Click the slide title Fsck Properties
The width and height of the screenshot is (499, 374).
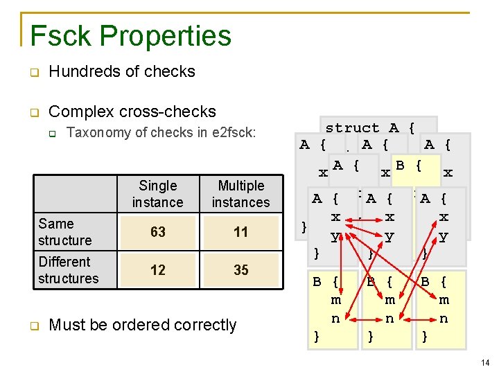(130, 36)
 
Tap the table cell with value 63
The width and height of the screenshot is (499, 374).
(158, 232)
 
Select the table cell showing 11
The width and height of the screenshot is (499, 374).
(240, 232)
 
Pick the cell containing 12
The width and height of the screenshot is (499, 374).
(158, 269)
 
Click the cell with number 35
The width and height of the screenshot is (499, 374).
(240, 269)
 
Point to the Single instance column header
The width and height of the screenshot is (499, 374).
(158, 194)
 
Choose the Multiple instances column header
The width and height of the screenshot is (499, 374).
(240, 194)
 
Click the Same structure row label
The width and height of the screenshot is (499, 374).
(65, 232)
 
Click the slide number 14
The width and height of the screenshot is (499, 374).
(484, 362)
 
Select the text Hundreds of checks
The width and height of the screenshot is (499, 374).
(122, 71)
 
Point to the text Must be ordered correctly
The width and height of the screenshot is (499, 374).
(143, 325)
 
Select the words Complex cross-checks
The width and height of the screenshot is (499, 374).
(132, 112)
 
